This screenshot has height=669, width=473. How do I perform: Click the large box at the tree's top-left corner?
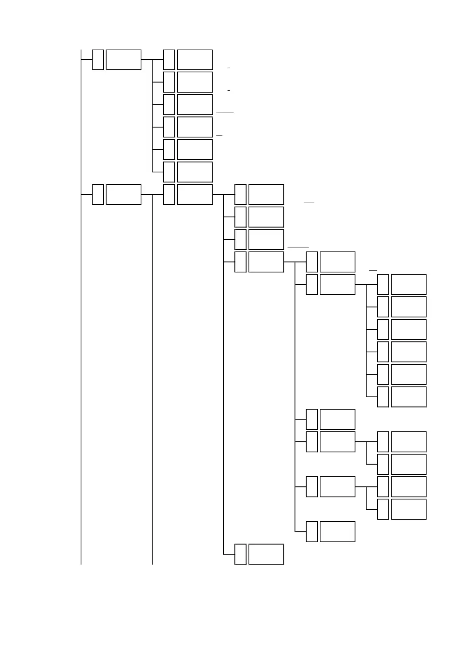tap(124, 60)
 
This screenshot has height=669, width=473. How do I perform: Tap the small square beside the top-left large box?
tap(98, 60)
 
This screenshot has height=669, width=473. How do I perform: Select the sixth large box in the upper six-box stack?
tap(195, 172)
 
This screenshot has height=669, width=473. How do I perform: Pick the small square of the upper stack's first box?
tap(169, 60)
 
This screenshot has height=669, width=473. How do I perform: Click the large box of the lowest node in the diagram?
tap(266, 554)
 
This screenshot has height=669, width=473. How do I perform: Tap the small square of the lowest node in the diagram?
tap(240, 554)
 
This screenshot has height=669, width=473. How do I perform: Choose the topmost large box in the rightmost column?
tap(409, 284)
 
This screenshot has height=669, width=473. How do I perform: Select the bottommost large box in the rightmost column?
tap(409, 509)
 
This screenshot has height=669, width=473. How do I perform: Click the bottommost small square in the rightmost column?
tap(383, 509)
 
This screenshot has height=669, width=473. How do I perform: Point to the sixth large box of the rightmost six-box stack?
tap(409, 397)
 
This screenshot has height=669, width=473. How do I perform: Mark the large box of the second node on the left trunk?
tap(124, 194)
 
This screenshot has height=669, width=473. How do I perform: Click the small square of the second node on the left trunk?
tap(98, 194)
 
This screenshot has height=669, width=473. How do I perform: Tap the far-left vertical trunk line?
tap(81, 318)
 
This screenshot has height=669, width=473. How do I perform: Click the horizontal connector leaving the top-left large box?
tap(147, 60)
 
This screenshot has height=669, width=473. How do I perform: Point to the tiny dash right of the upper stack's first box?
tap(229, 68)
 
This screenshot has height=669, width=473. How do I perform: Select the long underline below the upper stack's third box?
tap(225, 113)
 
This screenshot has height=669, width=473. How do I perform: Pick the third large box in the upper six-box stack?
tap(195, 104)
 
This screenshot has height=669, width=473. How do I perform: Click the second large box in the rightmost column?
tap(409, 307)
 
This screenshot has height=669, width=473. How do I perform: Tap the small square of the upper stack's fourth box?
tap(169, 127)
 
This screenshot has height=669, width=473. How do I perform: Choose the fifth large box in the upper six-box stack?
tap(195, 149)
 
